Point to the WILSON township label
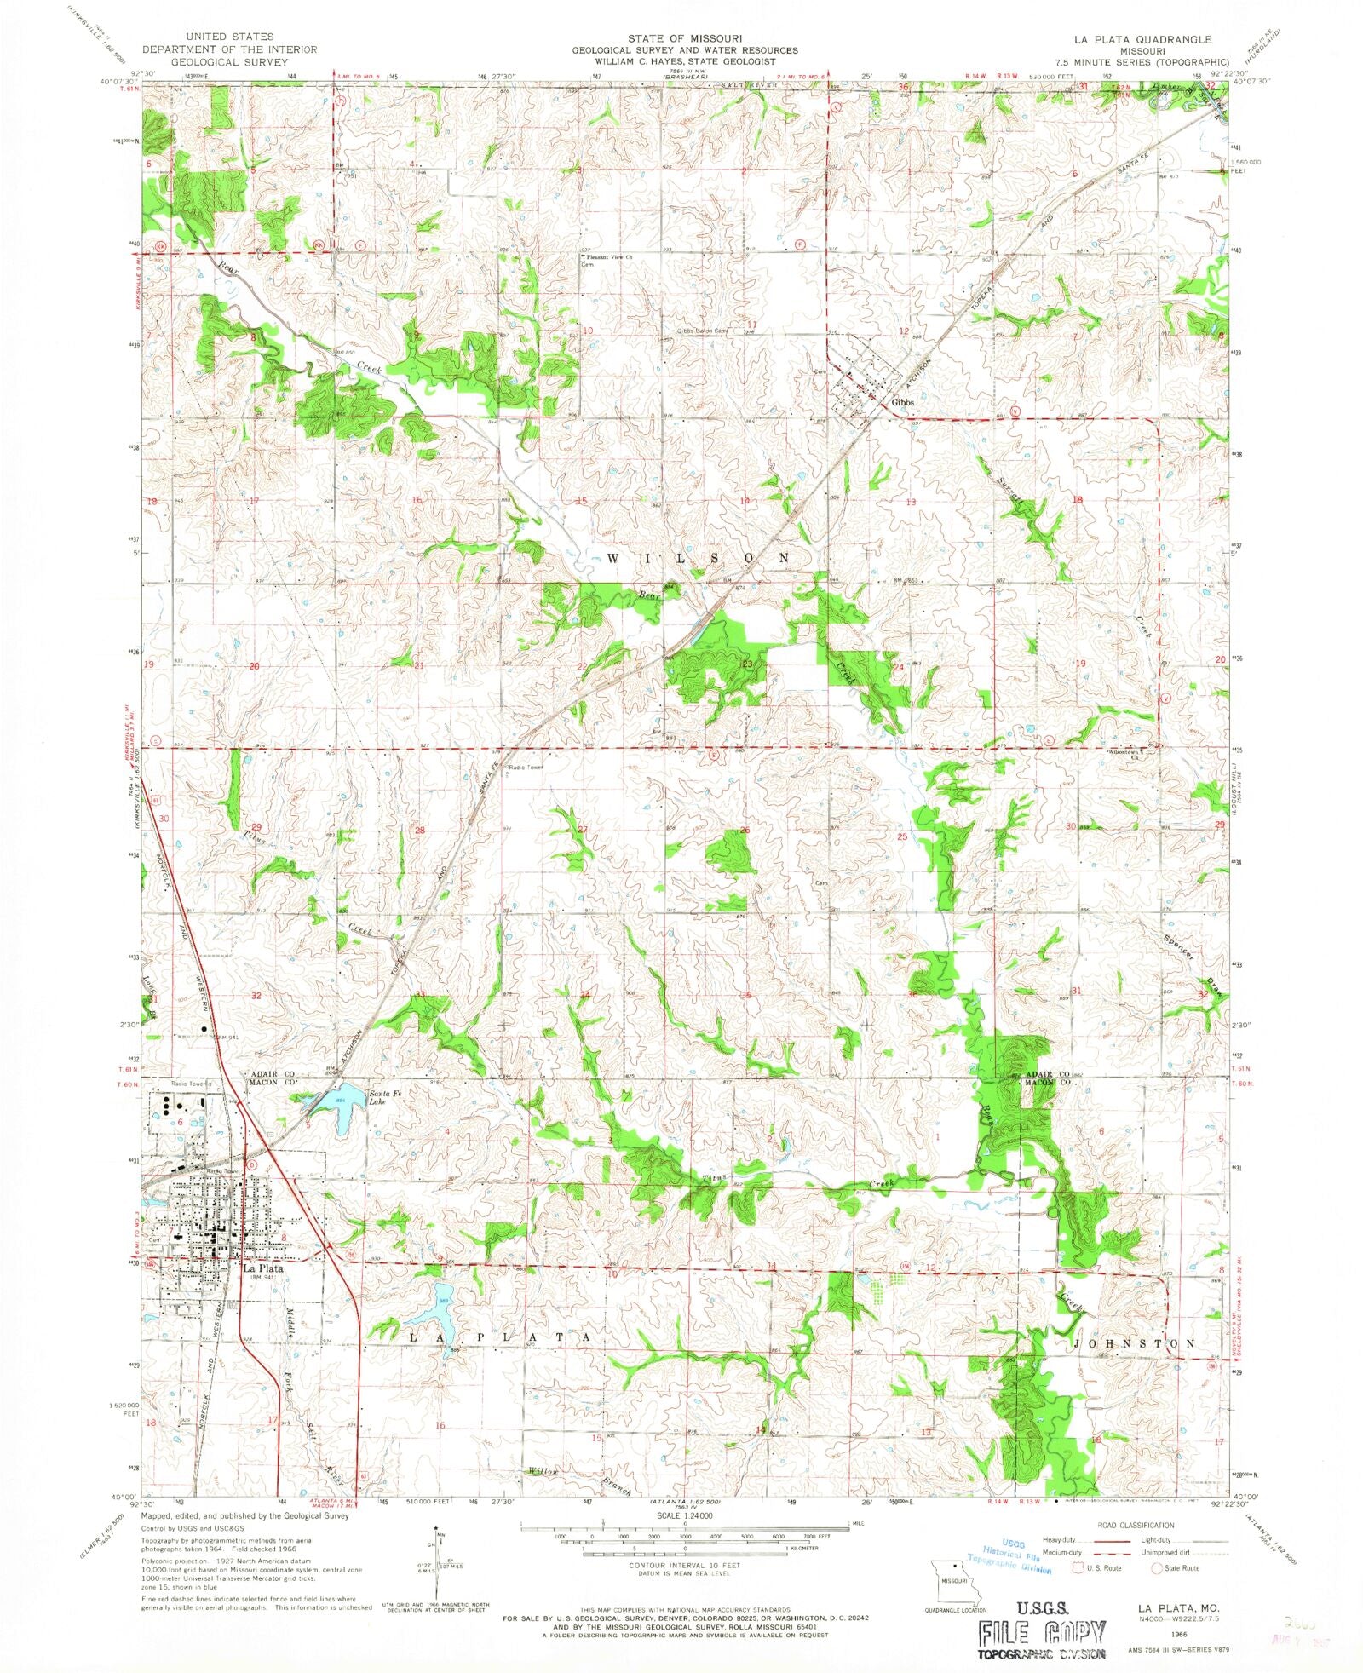pyautogui.click(x=699, y=557)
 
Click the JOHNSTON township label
pyautogui.click(x=1135, y=1343)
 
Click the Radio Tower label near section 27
pyautogui.click(x=526, y=767)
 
